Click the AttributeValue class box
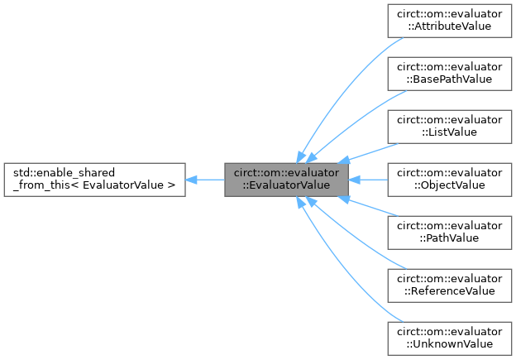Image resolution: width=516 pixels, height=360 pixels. pyautogui.click(x=449, y=20)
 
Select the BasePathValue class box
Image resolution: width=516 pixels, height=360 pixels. pyautogui.click(x=449, y=73)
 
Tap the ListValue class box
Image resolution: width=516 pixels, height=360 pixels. pyautogui.click(x=449, y=126)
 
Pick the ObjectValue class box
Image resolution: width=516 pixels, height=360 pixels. pyautogui.click(x=449, y=179)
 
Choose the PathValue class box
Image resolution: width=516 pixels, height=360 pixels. pyautogui.click(x=449, y=232)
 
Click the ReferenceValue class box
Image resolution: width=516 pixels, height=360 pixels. pyautogui.click(x=449, y=285)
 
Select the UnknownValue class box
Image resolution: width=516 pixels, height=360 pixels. pyautogui.click(x=449, y=338)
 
